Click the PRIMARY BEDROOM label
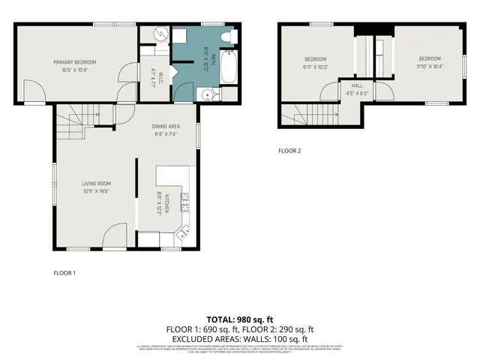74,61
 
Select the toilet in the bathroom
229,36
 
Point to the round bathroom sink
206,94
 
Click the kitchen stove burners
184,202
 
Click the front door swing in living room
114,238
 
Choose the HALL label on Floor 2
357,85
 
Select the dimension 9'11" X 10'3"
316,67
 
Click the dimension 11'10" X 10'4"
430,67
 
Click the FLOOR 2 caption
289,151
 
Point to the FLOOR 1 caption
64,273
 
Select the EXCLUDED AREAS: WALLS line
240,338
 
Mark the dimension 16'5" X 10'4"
74,70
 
